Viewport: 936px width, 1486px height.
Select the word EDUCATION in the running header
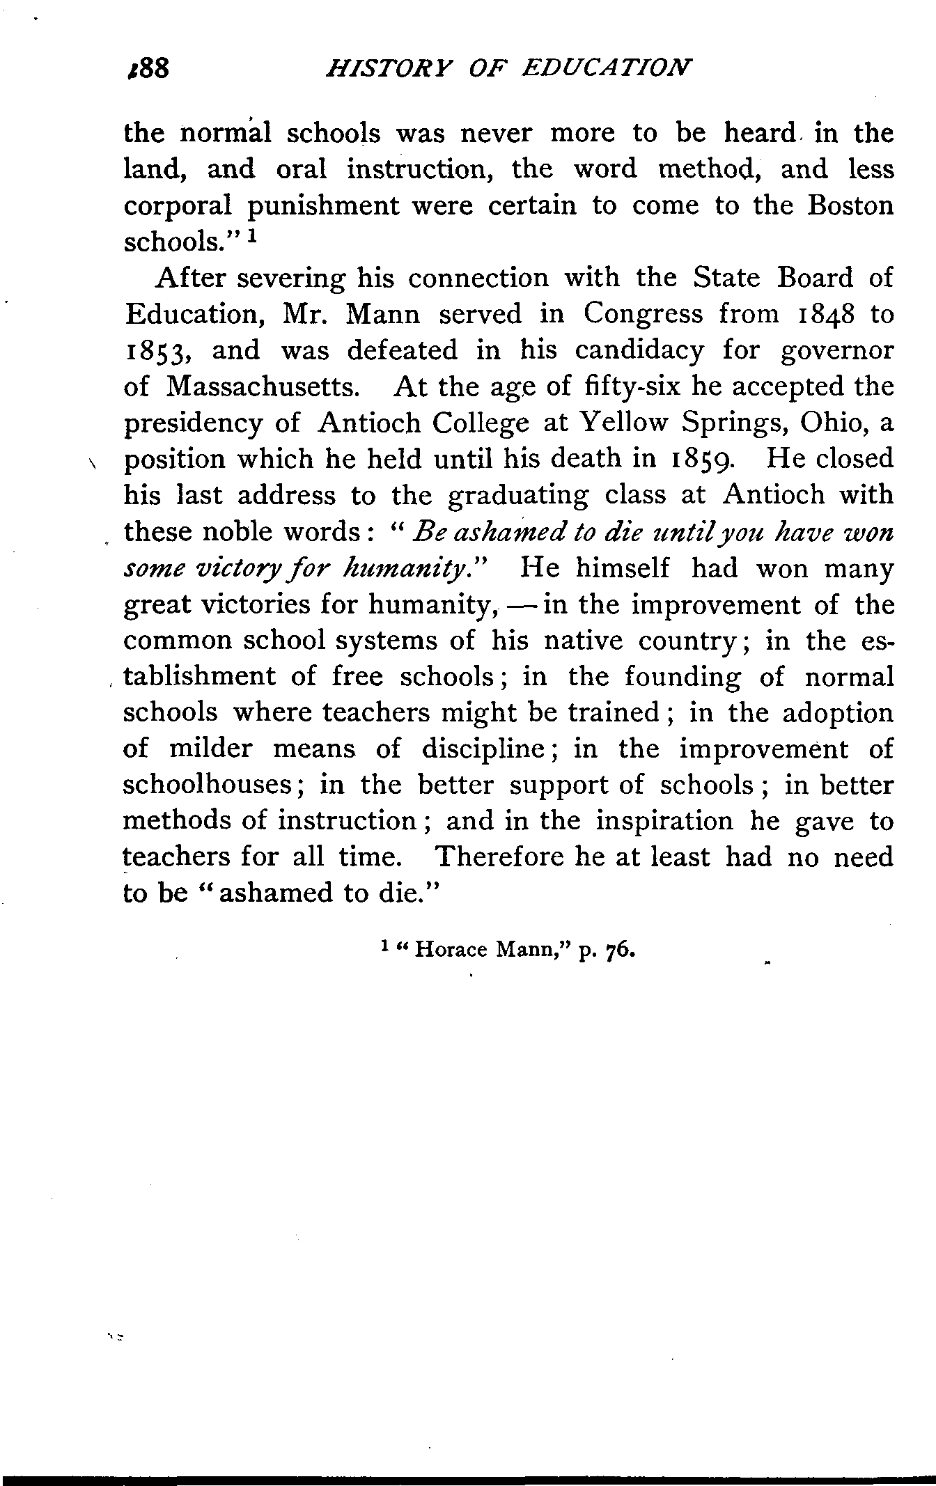tap(607, 68)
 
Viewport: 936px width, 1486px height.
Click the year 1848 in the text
tap(816, 314)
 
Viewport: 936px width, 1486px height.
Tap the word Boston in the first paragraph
tap(845, 206)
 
